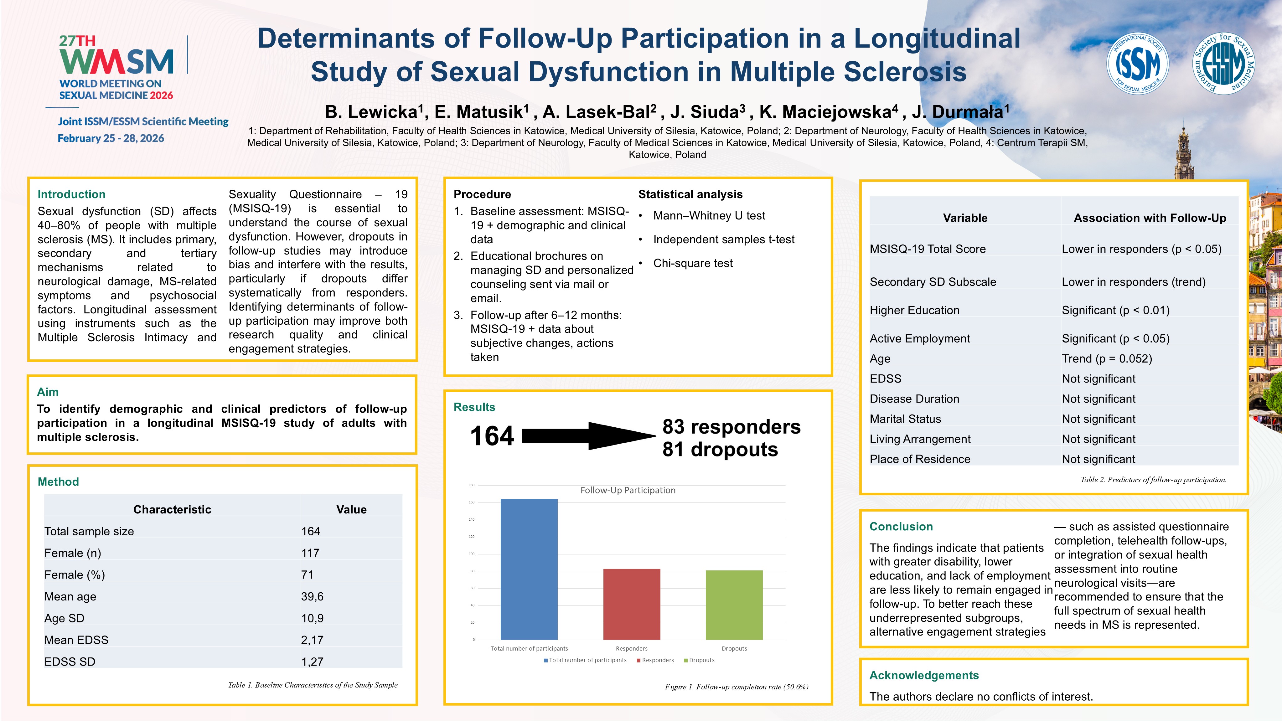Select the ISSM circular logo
pos(1137,63)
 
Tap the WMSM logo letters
pos(116,62)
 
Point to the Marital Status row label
pos(905,419)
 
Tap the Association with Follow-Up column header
pos(1150,218)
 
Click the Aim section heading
pos(48,392)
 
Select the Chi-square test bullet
pos(693,263)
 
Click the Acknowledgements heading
pos(924,675)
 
